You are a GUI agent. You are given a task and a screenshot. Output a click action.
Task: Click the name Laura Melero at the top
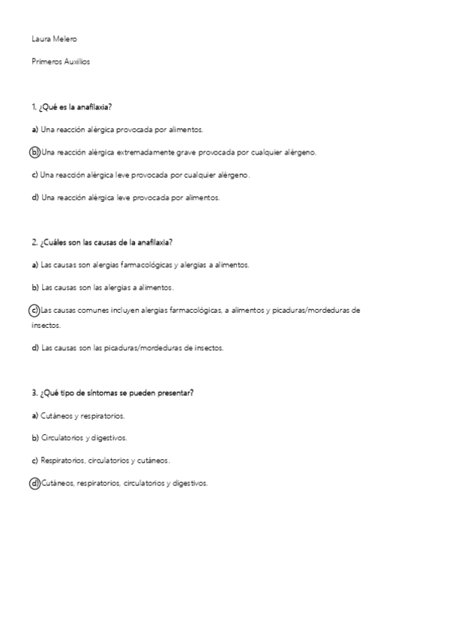click(x=54, y=39)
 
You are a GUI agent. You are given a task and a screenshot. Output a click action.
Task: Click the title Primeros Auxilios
click(x=61, y=62)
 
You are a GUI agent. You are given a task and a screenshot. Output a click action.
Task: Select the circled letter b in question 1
click(x=34, y=152)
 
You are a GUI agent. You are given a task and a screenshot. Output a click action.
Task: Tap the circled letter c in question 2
click(x=34, y=310)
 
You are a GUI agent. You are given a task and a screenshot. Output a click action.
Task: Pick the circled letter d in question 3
click(x=34, y=483)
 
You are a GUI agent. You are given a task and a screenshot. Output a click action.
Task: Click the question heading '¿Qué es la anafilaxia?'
click(x=76, y=107)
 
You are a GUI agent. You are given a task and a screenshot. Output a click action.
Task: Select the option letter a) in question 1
click(x=34, y=130)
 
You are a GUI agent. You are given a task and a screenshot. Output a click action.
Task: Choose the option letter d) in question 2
click(x=34, y=348)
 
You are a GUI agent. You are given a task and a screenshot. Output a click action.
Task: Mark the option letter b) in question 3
click(x=34, y=437)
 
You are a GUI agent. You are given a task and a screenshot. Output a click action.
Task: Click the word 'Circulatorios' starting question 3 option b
click(x=62, y=437)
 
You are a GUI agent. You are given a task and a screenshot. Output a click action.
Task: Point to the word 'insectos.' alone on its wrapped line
click(x=46, y=325)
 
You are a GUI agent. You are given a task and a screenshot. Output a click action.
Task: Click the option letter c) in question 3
click(x=34, y=460)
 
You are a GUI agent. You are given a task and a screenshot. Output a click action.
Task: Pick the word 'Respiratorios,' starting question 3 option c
click(x=64, y=460)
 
